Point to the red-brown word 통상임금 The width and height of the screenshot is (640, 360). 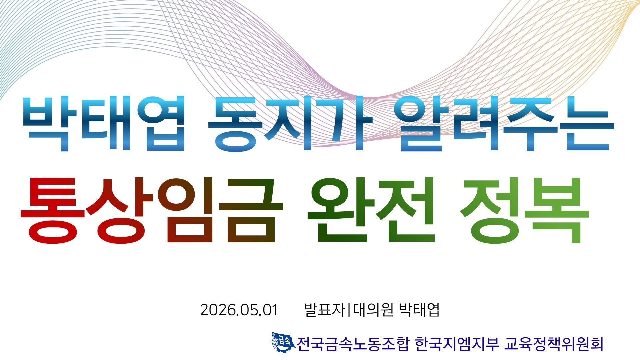[x=152, y=210]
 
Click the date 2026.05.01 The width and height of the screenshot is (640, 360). [x=239, y=310]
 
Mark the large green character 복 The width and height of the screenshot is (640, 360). [x=557, y=210]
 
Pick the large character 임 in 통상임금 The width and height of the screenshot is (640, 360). [x=184, y=210]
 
